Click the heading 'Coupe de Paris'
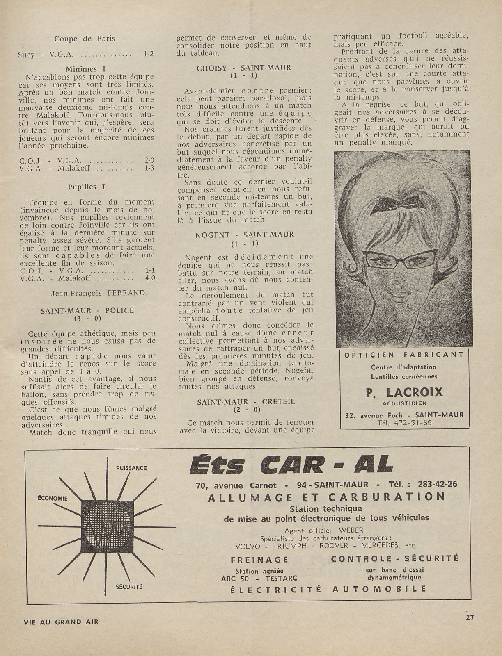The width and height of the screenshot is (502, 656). point(85,39)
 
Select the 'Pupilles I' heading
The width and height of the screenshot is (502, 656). point(86,187)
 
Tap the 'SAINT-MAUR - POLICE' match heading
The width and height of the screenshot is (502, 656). point(87,311)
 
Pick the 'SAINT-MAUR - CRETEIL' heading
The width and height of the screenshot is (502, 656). point(246,402)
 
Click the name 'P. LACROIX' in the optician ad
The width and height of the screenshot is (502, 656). point(404,392)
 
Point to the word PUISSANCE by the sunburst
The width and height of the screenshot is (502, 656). point(131,468)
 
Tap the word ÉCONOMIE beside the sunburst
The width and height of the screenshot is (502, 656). point(53,498)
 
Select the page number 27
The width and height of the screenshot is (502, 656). point(470,617)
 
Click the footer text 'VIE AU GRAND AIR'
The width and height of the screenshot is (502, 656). point(61,622)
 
